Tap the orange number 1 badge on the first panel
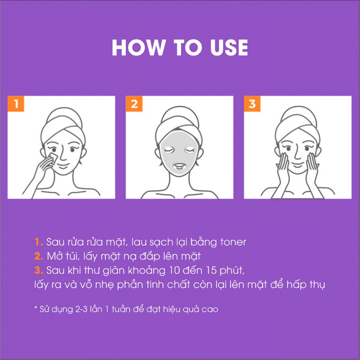(x=16, y=104)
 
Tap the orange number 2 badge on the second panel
(x=134, y=104)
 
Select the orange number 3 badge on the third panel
(x=252, y=104)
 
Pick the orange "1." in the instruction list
(x=39, y=242)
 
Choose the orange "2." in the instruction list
(x=39, y=256)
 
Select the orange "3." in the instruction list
(x=39, y=270)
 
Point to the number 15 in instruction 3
(x=211, y=270)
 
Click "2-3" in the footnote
(x=82, y=309)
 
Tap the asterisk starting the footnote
(x=36, y=307)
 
